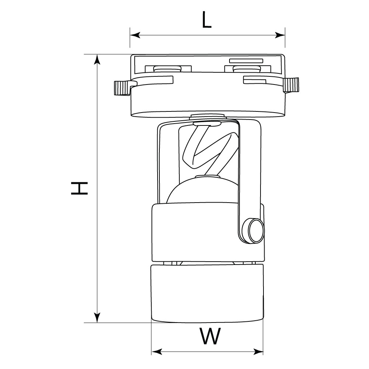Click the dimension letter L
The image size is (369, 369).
click(x=207, y=21)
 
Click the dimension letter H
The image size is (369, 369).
click(x=80, y=188)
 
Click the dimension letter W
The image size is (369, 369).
click(x=210, y=336)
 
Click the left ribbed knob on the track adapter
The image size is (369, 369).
click(x=121, y=88)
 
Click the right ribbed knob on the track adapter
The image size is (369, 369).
click(x=292, y=85)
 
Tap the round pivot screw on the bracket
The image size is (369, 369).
click(x=255, y=231)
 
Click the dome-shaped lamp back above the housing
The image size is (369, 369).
click(x=201, y=190)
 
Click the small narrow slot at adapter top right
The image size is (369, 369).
click(x=246, y=60)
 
